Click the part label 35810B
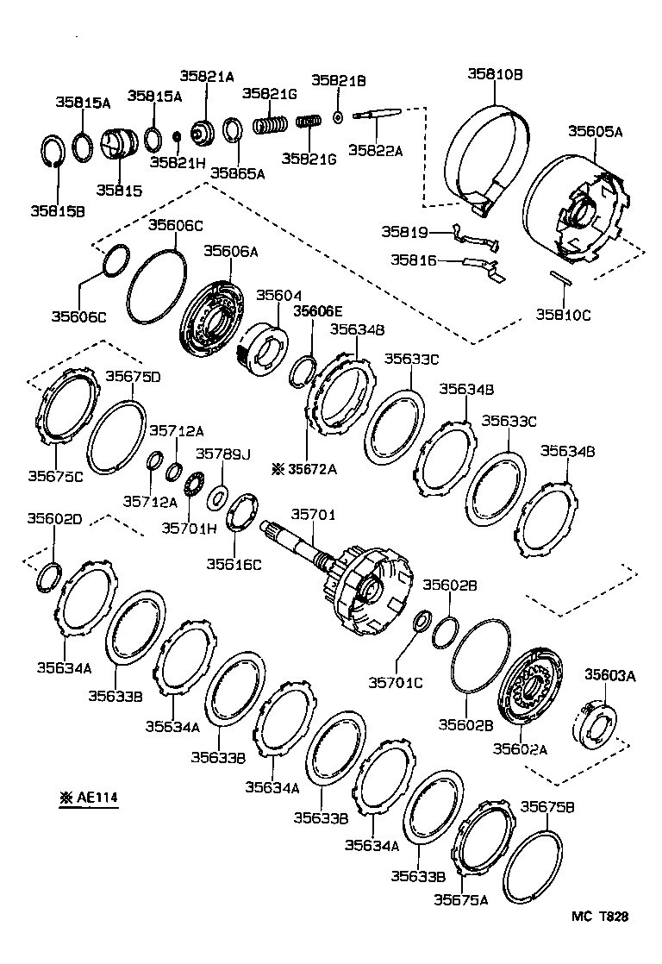495,74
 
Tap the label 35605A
595,131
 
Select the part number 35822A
375,150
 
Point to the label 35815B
58,211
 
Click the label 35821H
178,162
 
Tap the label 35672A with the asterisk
305,470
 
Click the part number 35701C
396,682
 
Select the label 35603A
609,675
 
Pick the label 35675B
547,806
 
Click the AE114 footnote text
89,798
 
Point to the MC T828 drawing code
600,917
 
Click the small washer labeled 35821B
337,116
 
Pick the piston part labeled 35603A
595,727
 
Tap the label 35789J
223,454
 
